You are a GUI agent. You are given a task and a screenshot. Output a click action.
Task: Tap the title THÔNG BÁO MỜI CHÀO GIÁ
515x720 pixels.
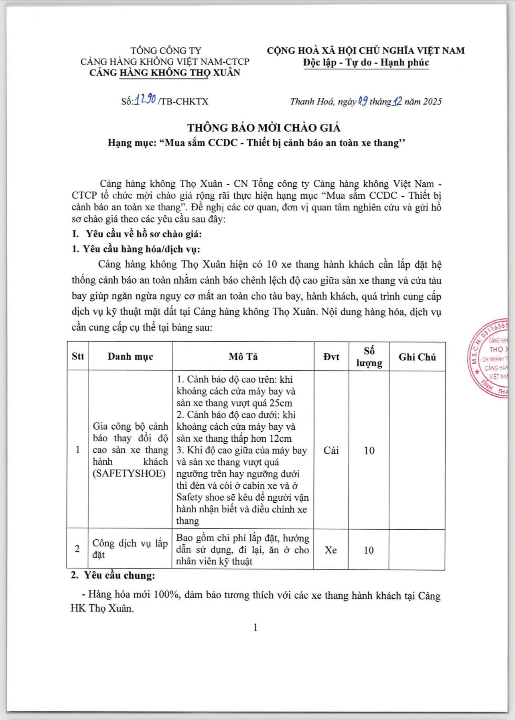pyautogui.click(x=264, y=128)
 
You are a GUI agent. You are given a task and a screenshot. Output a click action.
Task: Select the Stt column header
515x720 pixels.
pyautogui.click(x=78, y=356)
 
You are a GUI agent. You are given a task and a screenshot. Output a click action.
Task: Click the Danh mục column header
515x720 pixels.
pyautogui.click(x=130, y=356)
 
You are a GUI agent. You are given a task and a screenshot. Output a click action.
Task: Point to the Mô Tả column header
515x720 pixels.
pyautogui.click(x=243, y=357)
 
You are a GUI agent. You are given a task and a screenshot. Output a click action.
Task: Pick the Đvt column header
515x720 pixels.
pyautogui.click(x=331, y=357)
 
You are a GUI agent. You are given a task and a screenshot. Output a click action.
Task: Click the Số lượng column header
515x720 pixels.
pyautogui.click(x=369, y=357)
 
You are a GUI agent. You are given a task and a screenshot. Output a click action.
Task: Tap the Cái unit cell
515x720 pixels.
pyautogui.click(x=331, y=450)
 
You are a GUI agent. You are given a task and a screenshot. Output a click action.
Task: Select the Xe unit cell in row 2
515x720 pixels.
pyautogui.click(x=331, y=550)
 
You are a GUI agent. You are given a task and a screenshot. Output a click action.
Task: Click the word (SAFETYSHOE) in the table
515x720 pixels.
pyautogui.click(x=129, y=473)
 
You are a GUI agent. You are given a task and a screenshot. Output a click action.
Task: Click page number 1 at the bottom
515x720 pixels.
pyautogui.click(x=255, y=628)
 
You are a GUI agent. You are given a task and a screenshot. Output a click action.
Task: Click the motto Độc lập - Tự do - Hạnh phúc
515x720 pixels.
pyautogui.click(x=366, y=63)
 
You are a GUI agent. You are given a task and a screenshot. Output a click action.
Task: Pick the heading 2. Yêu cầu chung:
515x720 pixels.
pyautogui.click(x=113, y=575)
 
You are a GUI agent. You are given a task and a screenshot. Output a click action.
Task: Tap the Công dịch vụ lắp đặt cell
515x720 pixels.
pyautogui.click(x=130, y=549)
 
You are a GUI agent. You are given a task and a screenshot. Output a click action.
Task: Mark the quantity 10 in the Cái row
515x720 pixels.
pyautogui.click(x=369, y=451)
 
